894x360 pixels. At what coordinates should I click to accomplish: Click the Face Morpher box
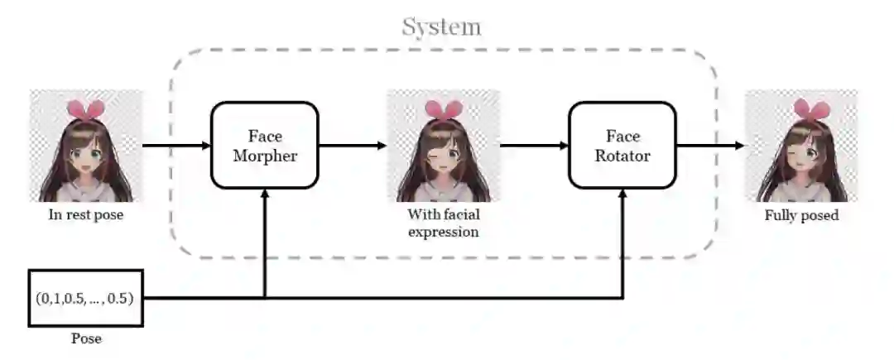(x=265, y=145)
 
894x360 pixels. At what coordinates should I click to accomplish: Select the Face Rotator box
(x=622, y=145)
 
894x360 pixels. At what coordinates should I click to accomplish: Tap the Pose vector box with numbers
(x=86, y=298)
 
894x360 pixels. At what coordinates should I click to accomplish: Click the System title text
(x=441, y=26)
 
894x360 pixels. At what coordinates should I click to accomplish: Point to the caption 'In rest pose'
(x=86, y=216)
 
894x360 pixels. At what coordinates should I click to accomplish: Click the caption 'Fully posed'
(x=801, y=216)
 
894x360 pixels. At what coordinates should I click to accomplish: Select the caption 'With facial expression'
(x=443, y=223)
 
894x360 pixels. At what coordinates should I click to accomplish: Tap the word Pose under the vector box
(x=86, y=339)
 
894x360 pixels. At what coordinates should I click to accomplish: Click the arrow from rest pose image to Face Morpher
(x=176, y=146)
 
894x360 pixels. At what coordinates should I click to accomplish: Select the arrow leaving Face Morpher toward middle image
(x=352, y=146)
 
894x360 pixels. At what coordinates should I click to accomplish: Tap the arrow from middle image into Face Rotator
(x=534, y=146)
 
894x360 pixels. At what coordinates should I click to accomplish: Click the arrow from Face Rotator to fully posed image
(x=710, y=146)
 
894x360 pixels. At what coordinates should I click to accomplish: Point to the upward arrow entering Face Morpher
(x=265, y=240)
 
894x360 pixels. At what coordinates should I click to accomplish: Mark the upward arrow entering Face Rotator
(x=622, y=240)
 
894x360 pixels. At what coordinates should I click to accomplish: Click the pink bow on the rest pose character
(x=86, y=108)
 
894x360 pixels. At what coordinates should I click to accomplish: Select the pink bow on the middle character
(x=443, y=108)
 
